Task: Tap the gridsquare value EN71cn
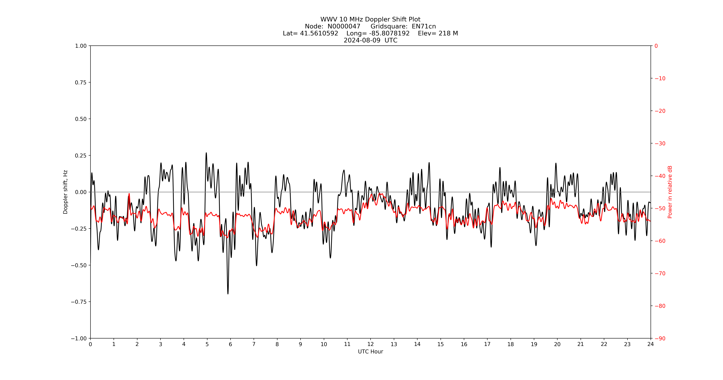point(424,26)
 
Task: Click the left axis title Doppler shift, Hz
point(65,192)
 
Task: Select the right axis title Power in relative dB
point(670,192)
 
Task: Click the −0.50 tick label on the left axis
point(79,265)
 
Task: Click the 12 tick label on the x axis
point(370,344)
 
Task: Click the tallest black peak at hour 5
point(206,153)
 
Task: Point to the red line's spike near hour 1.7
point(129,194)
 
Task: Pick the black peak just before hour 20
point(556,163)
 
